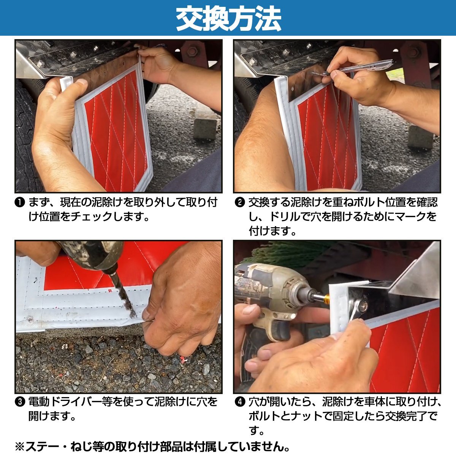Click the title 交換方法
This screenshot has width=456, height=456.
[228, 19]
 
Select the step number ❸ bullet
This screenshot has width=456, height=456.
[20, 402]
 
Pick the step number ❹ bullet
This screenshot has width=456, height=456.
[240, 402]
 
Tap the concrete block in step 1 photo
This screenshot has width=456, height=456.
[205, 129]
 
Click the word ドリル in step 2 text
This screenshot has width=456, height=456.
[285, 217]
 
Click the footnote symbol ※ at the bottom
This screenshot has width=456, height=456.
[20, 445]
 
